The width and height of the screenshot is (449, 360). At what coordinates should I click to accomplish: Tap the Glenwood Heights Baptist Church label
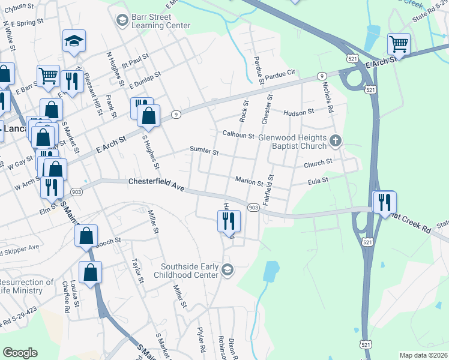(292, 142)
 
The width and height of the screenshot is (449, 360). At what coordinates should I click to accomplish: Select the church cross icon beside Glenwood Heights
(336, 141)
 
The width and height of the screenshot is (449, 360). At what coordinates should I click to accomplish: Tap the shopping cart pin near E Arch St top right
(399, 44)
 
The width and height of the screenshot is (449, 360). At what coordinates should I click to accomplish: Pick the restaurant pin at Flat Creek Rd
(384, 202)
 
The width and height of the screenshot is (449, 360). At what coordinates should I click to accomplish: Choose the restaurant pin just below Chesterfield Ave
(229, 221)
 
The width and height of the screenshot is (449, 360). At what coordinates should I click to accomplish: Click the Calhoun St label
(238, 135)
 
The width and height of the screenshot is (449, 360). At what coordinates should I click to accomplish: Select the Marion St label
(249, 182)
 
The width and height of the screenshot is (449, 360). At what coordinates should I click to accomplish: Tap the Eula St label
(318, 179)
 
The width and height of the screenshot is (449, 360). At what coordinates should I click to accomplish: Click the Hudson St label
(299, 112)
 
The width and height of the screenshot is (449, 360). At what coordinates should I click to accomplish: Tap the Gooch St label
(108, 241)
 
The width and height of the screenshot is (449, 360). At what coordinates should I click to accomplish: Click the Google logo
(20, 353)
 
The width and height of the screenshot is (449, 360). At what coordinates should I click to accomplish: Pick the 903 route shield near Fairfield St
(253, 207)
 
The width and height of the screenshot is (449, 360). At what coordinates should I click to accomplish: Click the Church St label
(318, 163)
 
